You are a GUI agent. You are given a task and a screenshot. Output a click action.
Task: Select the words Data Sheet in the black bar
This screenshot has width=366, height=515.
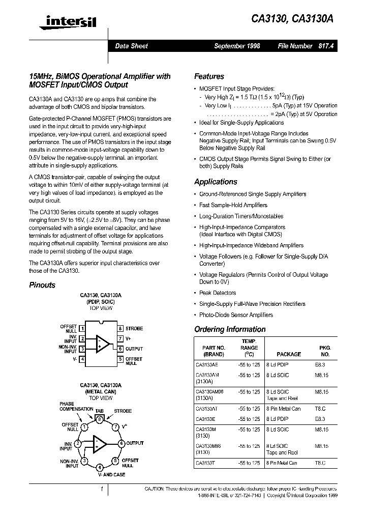pyautogui.click(x=131, y=46)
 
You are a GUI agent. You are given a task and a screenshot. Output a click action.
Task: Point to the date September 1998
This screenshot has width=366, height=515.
pyautogui.click(x=237, y=46)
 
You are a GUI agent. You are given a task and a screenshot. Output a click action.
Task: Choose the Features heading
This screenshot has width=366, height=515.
pyautogui.click(x=209, y=76)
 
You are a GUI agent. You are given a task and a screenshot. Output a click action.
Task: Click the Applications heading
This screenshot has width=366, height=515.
pyautogui.click(x=216, y=182)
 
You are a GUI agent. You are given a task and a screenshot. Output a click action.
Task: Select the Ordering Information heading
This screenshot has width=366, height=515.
pyautogui.click(x=230, y=329)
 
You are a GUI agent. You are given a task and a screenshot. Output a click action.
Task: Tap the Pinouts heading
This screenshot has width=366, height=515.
pyautogui.click(x=42, y=285)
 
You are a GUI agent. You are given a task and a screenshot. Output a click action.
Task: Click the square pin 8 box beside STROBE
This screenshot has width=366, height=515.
pyautogui.click(x=120, y=328)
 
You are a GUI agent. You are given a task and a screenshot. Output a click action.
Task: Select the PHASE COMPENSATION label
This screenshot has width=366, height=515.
pyautogui.click(x=76, y=406)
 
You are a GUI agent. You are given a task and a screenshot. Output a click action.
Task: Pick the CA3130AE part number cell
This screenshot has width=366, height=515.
pyautogui.click(x=206, y=365)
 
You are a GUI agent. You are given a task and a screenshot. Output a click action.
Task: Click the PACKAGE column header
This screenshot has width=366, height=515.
pyautogui.click(x=289, y=354)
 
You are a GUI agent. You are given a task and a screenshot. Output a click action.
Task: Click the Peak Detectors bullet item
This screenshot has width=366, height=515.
pyautogui.click(x=218, y=293)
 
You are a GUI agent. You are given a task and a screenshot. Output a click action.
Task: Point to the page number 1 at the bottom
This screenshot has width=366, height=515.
pyautogui.click(x=102, y=489)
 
